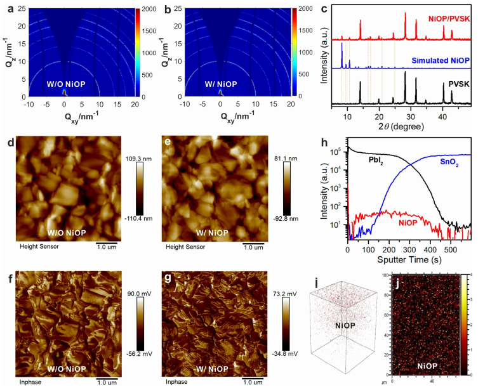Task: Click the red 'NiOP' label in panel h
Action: point(407,223)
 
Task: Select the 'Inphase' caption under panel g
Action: point(177,382)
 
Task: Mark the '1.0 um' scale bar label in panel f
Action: point(107,382)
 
